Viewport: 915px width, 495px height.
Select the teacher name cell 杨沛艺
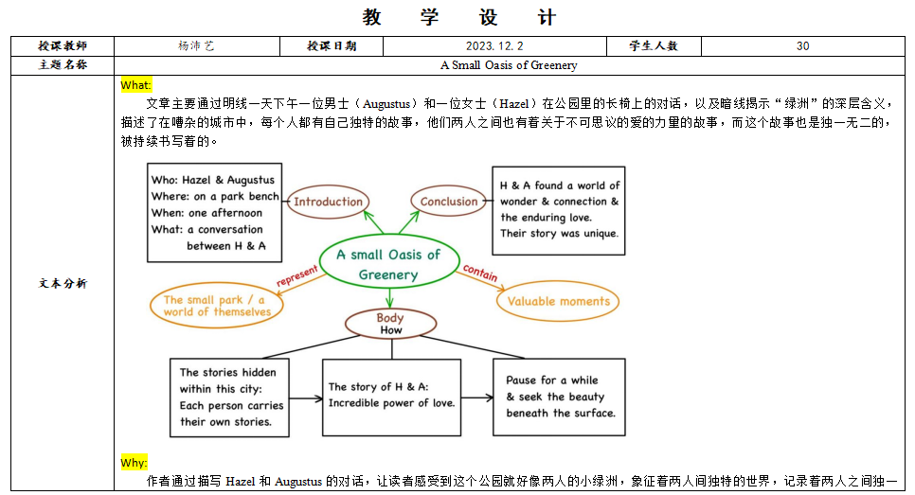(196, 45)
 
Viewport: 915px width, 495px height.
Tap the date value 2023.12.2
(493, 45)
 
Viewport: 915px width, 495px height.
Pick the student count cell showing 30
(802, 45)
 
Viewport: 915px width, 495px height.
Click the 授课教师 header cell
(63, 45)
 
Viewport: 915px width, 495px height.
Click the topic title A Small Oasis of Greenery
(509, 65)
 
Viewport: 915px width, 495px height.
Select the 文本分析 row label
(63, 283)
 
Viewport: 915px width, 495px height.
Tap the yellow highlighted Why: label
(134, 463)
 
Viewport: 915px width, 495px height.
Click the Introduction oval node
(328, 202)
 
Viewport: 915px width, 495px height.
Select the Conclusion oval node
(449, 202)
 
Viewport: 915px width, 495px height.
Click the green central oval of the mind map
(388, 264)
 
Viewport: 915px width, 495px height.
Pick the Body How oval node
(390, 324)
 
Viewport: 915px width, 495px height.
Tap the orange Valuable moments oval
(559, 302)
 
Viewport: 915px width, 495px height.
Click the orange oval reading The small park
(217, 306)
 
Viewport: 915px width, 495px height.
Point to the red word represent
(296, 275)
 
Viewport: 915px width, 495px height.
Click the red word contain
(480, 274)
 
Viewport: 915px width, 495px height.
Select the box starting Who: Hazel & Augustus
(214, 213)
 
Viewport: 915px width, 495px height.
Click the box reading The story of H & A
(390, 395)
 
